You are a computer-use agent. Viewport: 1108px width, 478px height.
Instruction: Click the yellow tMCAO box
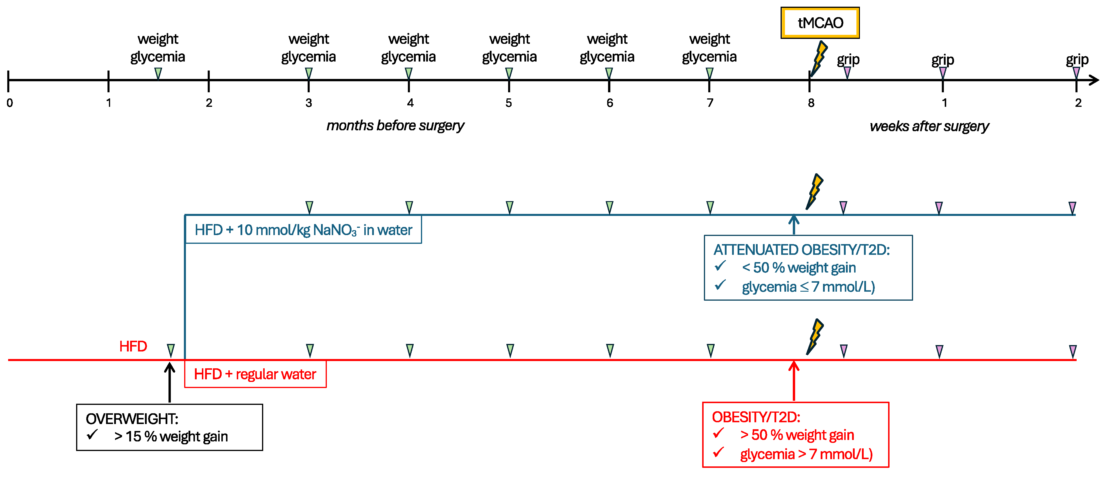(820, 23)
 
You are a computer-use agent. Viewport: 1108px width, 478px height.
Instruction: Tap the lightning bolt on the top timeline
(819, 58)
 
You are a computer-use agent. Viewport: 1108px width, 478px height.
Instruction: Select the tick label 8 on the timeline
(811, 103)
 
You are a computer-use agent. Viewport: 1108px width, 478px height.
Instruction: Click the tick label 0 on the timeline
(10, 103)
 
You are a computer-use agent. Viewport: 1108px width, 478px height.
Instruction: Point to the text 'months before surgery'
(395, 125)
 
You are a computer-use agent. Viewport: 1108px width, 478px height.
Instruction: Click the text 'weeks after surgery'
(929, 126)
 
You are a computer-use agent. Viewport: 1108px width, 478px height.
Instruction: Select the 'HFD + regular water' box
(255, 374)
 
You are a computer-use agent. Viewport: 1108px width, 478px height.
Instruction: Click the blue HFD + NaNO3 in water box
(303, 230)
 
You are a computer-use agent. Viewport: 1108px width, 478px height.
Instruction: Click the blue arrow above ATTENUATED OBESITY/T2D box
(794, 224)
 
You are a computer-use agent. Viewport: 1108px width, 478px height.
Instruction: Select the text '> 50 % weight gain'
(797, 435)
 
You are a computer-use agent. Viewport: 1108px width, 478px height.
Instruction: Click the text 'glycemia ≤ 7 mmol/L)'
(808, 287)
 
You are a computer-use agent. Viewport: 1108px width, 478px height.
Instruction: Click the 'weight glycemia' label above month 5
(509, 48)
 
